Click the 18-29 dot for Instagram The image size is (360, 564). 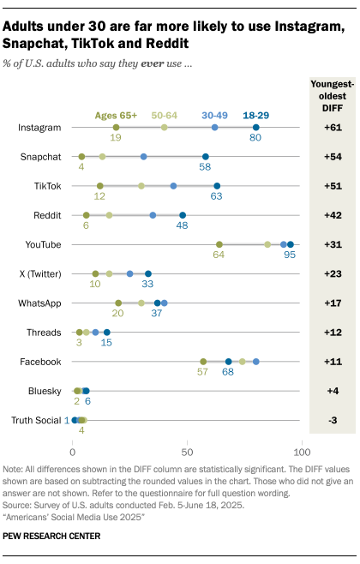255,127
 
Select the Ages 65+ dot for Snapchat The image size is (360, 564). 81,157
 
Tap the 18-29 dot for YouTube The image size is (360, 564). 290,244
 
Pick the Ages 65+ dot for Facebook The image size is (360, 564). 203,362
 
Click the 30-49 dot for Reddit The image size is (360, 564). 153,215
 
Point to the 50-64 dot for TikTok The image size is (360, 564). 141,186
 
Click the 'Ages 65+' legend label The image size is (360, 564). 117,113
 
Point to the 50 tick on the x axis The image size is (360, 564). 186,448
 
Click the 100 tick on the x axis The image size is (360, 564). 300,448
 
